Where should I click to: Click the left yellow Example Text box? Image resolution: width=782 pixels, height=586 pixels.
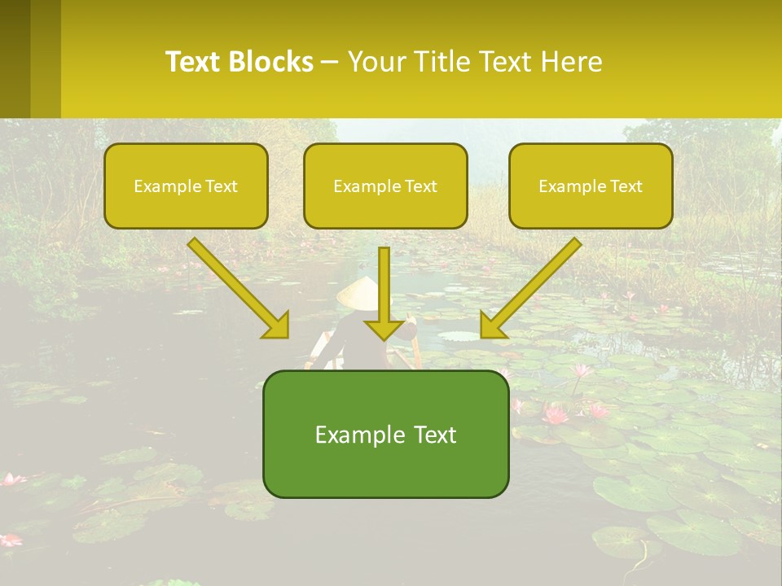pyautogui.click(x=186, y=186)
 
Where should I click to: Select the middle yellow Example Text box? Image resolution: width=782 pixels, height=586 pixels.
pyautogui.click(x=385, y=186)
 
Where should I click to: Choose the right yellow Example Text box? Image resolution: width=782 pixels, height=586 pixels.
pyautogui.click(x=591, y=186)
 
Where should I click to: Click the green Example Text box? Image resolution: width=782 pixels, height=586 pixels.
pyautogui.click(x=385, y=434)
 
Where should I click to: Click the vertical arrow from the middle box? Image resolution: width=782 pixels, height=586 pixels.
pyautogui.click(x=384, y=293)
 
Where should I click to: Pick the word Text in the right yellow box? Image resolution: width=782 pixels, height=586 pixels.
pyautogui.click(x=626, y=186)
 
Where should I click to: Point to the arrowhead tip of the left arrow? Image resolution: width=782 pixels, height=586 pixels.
pyautogui.click(x=288, y=336)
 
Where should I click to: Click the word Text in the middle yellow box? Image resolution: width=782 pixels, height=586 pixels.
pyautogui.click(x=420, y=186)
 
